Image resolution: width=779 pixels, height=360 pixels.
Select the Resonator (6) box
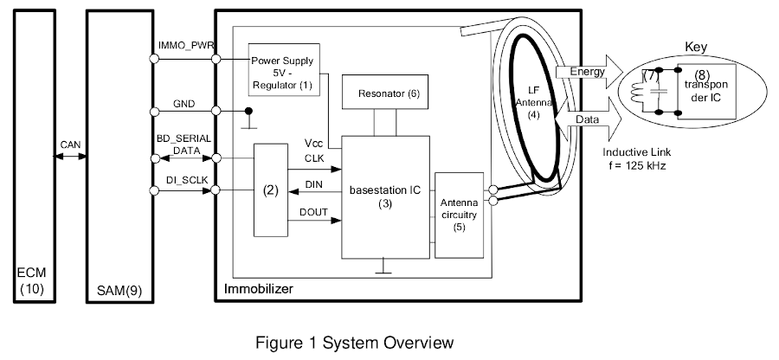click(383, 93)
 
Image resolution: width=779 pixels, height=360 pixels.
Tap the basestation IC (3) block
click(384, 196)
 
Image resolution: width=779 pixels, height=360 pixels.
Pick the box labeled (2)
click(270, 190)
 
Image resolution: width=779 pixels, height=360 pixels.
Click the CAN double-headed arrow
click(71, 157)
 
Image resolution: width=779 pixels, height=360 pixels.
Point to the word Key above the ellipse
click(697, 47)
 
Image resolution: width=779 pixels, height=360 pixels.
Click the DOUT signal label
click(312, 212)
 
